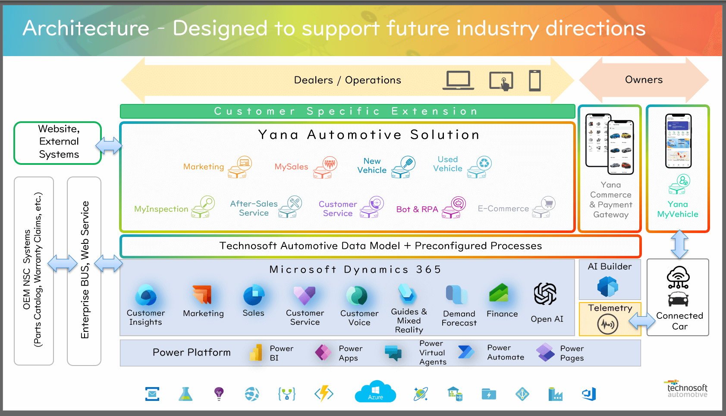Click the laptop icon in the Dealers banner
pos(458,81)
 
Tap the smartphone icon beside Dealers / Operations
pos(535,81)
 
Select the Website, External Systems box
pos(58,142)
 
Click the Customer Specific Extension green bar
pos(347,111)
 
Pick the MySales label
pos(291,167)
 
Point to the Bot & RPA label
pos(417,209)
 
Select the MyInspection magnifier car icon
pos(203,207)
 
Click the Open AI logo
pos(545,294)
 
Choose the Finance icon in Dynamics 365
pos(499,293)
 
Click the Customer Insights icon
pos(146,295)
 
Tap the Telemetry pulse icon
pos(608,324)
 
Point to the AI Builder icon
pos(608,286)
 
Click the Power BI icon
pos(256,353)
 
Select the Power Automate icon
pos(466,352)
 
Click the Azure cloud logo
pos(375,392)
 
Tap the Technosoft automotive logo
pos(687,389)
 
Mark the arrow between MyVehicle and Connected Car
pos(679,245)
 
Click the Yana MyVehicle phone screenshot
pos(678,141)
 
